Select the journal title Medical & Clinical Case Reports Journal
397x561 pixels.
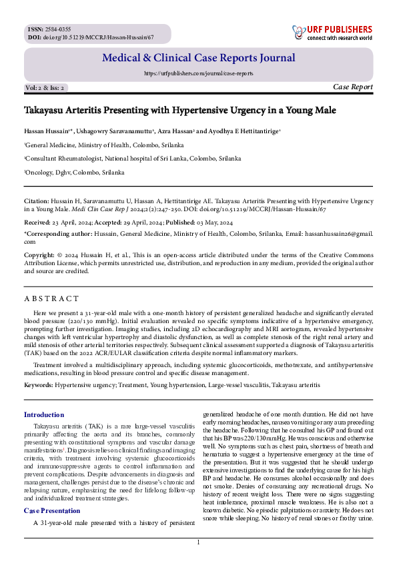(x=197, y=59)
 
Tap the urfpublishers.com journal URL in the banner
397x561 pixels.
(x=198, y=73)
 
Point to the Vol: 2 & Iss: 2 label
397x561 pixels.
(x=45, y=88)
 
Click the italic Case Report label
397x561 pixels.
(x=352, y=87)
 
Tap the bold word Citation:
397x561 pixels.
(x=37, y=200)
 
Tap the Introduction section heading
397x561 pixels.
(x=44, y=415)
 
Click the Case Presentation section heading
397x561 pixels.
(x=52, y=511)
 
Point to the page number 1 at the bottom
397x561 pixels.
(x=198, y=543)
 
